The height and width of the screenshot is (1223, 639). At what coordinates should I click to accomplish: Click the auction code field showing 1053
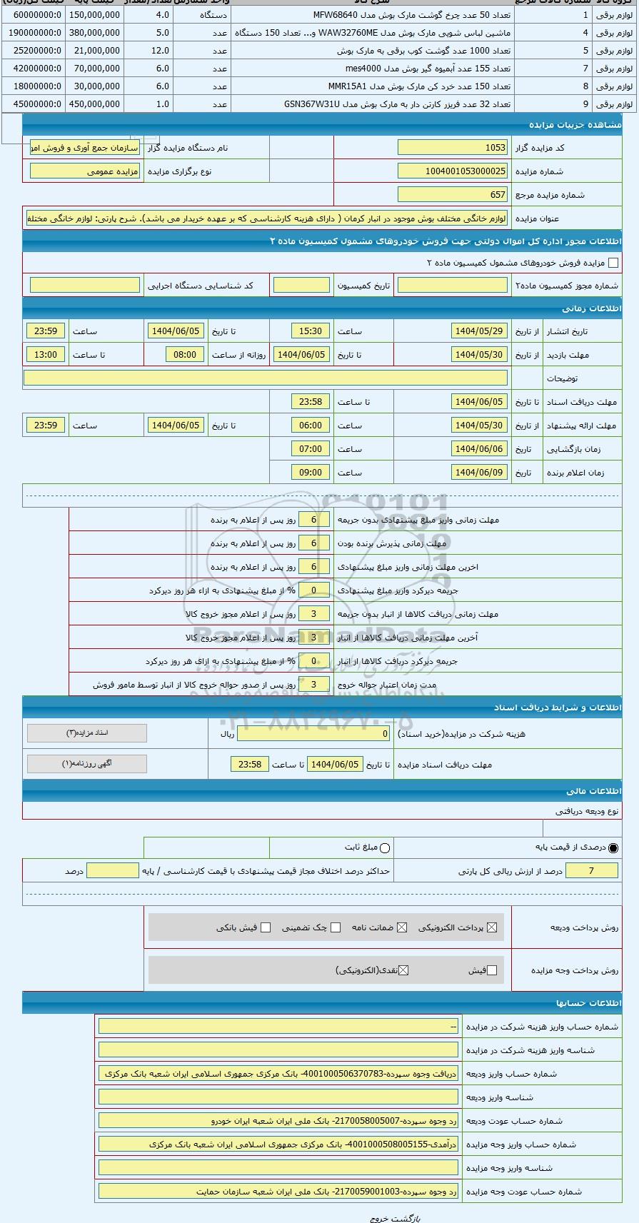tap(452, 148)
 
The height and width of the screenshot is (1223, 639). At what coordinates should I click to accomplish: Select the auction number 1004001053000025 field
tap(452, 171)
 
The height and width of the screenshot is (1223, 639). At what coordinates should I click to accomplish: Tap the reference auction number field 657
tap(452, 194)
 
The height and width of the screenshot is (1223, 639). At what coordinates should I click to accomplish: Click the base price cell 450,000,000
tap(95, 104)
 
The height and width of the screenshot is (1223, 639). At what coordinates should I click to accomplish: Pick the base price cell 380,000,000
tap(95, 32)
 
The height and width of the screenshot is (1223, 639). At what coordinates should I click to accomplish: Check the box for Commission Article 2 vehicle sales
tap(613, 263)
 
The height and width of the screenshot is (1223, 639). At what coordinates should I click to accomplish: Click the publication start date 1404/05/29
tap(479, 331)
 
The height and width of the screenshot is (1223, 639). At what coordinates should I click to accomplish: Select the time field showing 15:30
tap(311, 331)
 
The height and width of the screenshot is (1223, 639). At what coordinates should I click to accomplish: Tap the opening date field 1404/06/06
tap(479, 449)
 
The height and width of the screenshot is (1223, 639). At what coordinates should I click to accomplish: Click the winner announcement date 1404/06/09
tap(479, 473)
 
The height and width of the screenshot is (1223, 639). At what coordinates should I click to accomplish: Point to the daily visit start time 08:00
tap(185, 355)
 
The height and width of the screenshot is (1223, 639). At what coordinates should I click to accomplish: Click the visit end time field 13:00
tap(46, 355)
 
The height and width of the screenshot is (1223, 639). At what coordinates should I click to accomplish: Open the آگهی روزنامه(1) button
tap(87, 763)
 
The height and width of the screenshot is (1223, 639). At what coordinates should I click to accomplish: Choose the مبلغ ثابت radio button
tap(386, 847)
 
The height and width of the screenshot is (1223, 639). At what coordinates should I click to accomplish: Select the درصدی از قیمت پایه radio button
tap(613, 847)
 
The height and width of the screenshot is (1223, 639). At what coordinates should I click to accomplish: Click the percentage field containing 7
tap(590, 871)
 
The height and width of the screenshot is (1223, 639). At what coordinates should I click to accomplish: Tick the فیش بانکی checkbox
tap(266, 927)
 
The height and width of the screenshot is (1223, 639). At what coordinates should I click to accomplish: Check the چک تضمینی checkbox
tap(336, 927)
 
